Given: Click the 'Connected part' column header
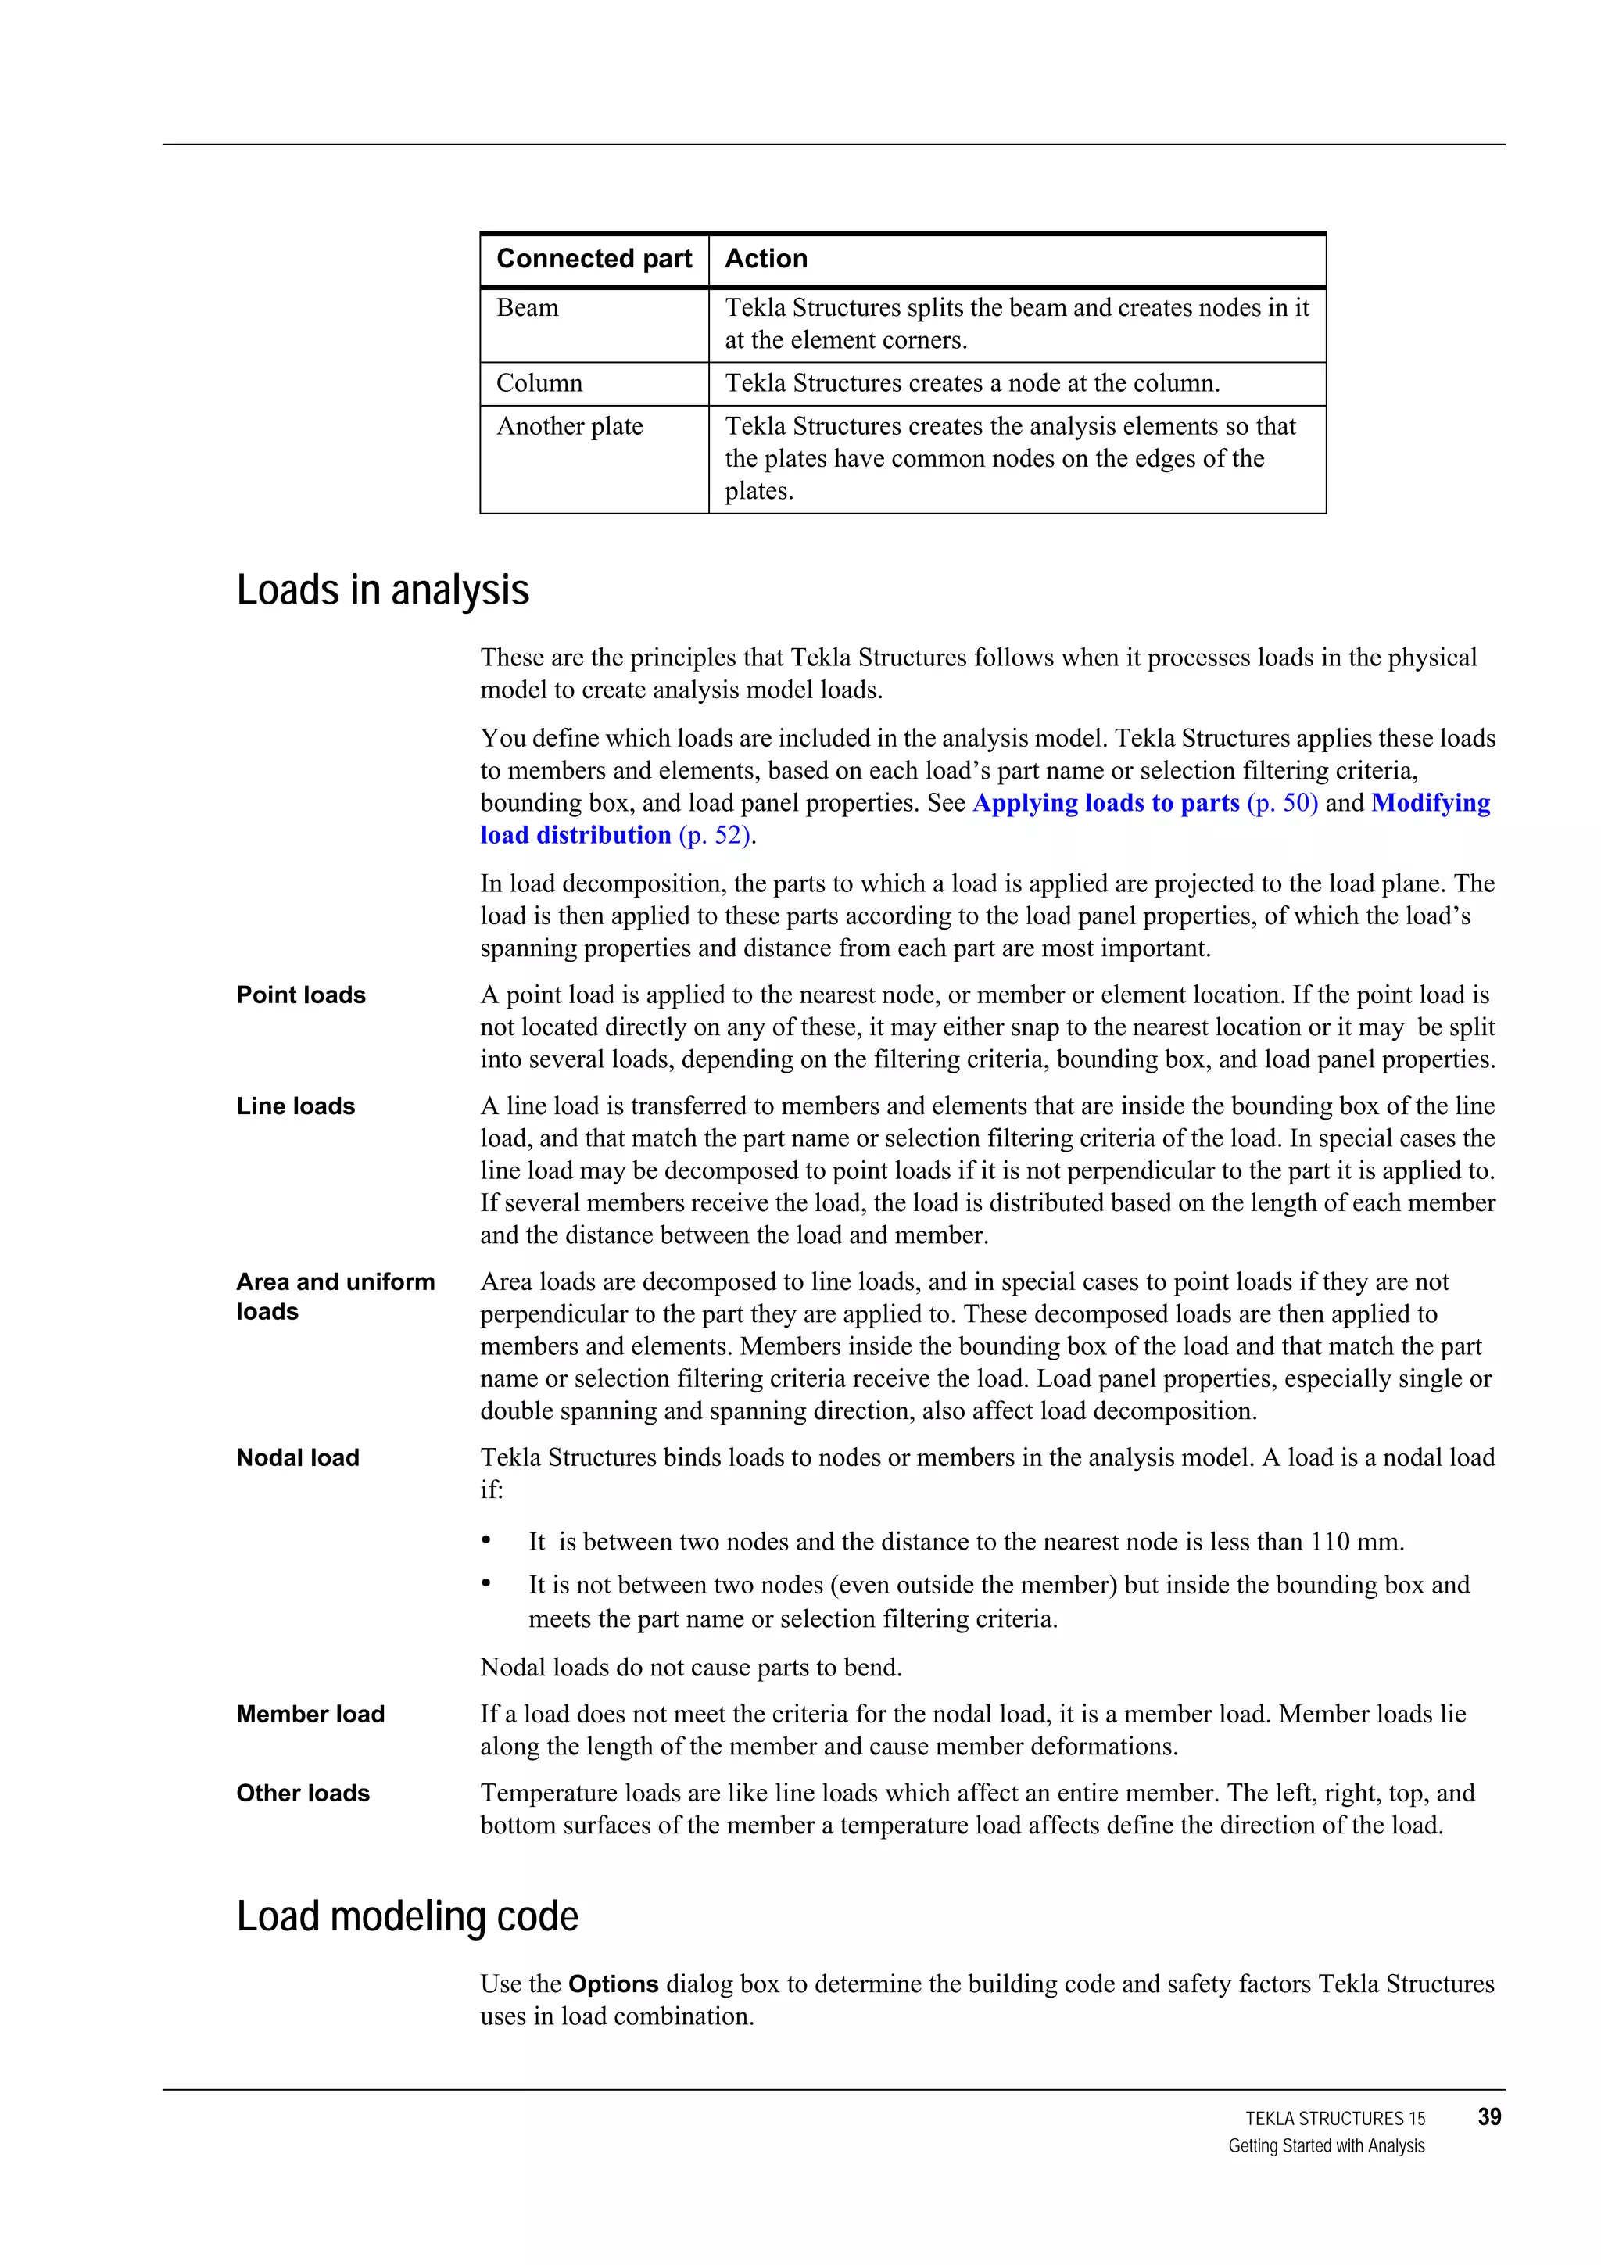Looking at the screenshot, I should pyautogui.click(x=594, y=259).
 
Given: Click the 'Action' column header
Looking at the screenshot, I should pyautogui.click(x=765, y=259).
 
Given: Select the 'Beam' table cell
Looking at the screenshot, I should pyautogui.click(x=527, y=308).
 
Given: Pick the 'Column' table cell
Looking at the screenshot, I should pyautogui.click(x=539, y=383).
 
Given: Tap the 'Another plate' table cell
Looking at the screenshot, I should pyautogui.click(x=569, y=426).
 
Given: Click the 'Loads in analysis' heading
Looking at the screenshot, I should pyautogui.click(x=383, y=590).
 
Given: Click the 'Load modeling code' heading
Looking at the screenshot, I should pyautogui.click(x=407, y=1916).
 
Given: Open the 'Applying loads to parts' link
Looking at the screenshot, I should pyautogui.click(x=1106, y=803).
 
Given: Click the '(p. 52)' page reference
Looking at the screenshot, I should pyautogui.click(x=715, y=836).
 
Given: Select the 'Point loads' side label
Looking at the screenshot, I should pyautogui.click(x=301, y=995).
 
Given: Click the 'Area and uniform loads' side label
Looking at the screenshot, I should pyautogui.click(x=335, y=1296).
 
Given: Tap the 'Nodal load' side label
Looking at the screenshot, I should pyautogui.click(x=298, y=1458).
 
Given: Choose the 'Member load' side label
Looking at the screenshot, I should pyautogui.click(x=310, y=1715).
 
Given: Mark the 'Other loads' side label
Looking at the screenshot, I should pyautogui.click(x=303, y=1794).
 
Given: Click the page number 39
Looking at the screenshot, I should pyautogui.click(x=1489, y=2117).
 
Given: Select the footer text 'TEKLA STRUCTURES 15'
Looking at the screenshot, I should pyautogui.click(x=1334, y=2119).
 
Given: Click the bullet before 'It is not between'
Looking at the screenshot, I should pyautogui.click(x=485, y=1584).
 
